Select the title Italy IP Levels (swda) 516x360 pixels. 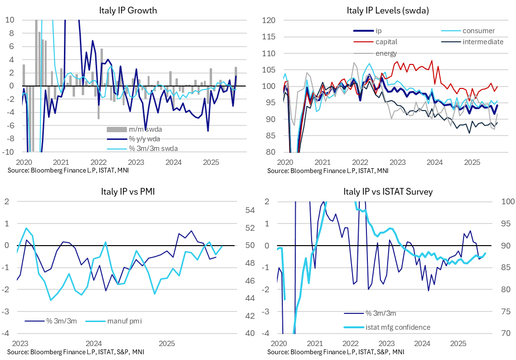point(388,10)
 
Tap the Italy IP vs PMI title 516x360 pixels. point(127,192)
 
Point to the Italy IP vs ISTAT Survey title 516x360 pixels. point(388,192)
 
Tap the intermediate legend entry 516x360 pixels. point(483,42)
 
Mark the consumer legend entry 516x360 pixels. point(478,31)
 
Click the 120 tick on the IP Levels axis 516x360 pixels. point(268,20)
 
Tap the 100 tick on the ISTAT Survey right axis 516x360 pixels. point(504,202)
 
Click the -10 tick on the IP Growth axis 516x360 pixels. point(9,152)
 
